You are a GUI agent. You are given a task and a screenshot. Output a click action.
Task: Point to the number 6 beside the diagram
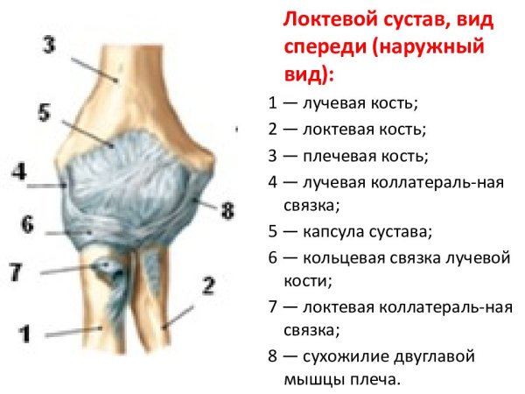click(x=27, y=224)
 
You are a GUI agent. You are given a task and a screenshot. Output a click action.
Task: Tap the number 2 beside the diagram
click(x=207, y=285)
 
